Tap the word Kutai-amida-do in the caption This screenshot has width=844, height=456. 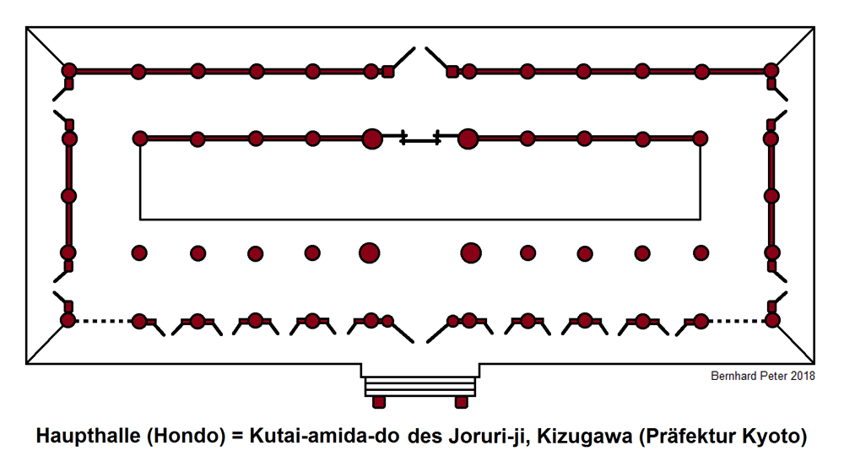point(326,437)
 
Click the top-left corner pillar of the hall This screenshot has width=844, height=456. point(69,71)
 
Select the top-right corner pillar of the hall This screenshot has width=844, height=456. point(771,71)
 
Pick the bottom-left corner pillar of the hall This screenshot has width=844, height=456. point(69,321)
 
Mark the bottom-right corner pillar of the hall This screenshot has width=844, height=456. point(771,321)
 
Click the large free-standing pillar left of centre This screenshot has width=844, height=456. point(369,252)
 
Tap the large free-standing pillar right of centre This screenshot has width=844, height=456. point(471,252)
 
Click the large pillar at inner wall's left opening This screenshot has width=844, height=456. point(371,138)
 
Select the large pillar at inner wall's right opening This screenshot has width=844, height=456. point(468,138)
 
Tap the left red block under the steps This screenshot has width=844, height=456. point(380,401)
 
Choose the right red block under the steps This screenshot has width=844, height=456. point(462,401)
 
